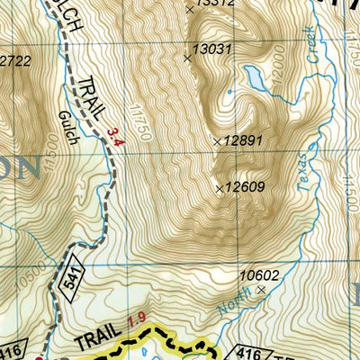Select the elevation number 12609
point(245,188)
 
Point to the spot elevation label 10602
point(259,275)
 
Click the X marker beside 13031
point(187,58)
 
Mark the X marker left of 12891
point(217,142)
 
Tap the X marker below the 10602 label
point(261,291)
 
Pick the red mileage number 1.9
point(135,319)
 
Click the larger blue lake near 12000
point(255,82)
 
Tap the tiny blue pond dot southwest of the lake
point(231,91)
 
